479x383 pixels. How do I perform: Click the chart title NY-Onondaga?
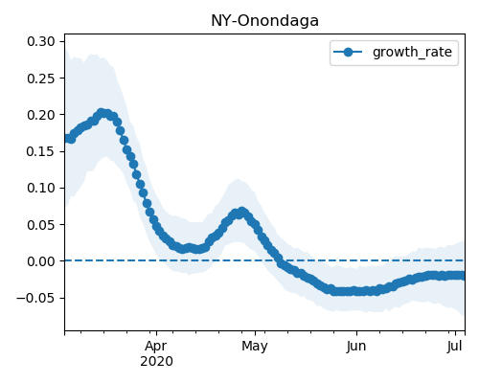click(x=264, y=21)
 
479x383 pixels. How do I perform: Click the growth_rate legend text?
click(x=412, y=52)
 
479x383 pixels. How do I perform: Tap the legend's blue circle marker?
click(x=348, y=52)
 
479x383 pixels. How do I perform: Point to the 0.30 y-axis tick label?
click(x=40, y=41)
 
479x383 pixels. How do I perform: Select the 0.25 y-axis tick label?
click(x=40, y=79)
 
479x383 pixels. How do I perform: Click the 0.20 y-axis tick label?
click(x=40, y=115)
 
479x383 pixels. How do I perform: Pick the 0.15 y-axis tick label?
click(x=40, y=151)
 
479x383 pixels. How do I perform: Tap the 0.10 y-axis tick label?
click(x=40, y=188)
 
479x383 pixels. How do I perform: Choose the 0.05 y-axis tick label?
click(x=40, y=225)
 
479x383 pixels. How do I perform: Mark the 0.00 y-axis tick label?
click(x=40, y=261)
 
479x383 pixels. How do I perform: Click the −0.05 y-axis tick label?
click(x=35, y=298)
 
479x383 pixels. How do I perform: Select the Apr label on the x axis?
click(x=156, y=347)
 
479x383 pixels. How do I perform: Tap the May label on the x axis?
click(x=255, y=347)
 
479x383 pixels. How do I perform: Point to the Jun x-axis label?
click(x=356, y=347)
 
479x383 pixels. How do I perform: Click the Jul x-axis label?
click(x=455, y=347)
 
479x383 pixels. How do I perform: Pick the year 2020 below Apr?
click(x=156, y=362)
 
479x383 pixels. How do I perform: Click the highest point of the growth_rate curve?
click(x=102, y=113)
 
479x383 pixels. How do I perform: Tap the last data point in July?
click(x=462, y=276)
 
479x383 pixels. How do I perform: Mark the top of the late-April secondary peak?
click(x=242, y=212)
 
